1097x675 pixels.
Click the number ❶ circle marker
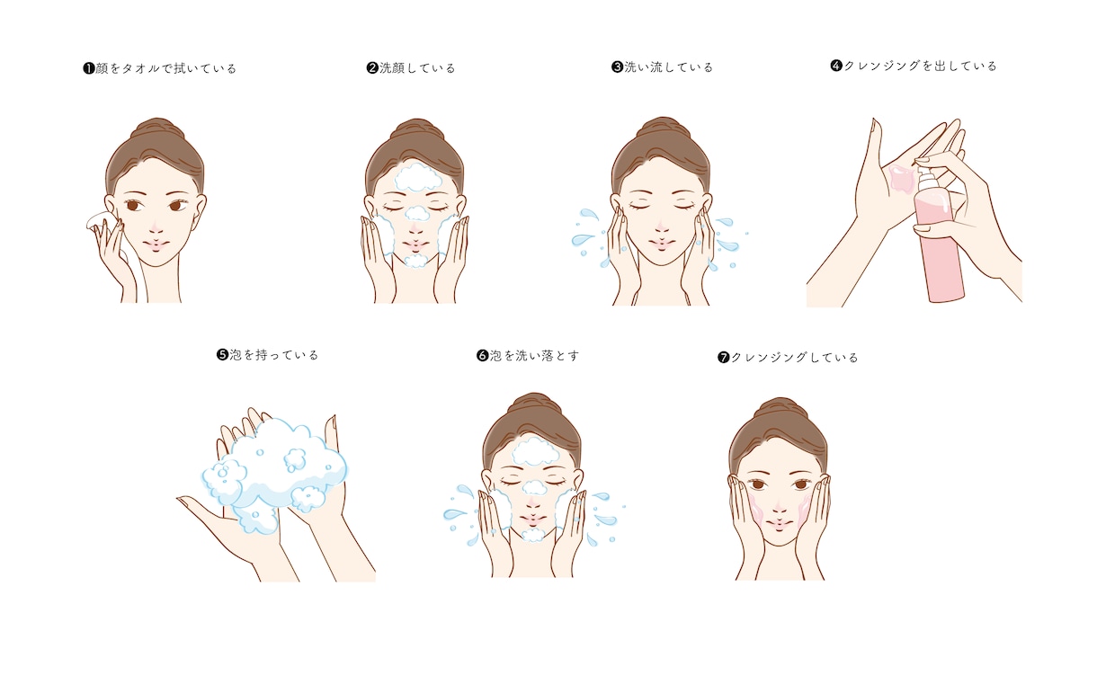click(89, 68)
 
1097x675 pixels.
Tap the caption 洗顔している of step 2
click(417, 67)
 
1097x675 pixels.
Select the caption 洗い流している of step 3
click(668, 67)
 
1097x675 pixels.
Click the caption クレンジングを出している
click(920, 66)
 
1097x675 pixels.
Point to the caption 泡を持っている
click(273, 354)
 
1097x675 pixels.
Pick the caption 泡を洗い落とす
click(534, 355)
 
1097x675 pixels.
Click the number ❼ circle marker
click(723, 358)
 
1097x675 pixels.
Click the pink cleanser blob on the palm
click(901, 178)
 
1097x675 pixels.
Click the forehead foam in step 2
click(418, 177)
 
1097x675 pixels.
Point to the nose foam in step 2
click(417, 213)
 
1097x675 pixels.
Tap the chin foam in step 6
click(533, 535)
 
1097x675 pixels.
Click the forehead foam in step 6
click(535, 451)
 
